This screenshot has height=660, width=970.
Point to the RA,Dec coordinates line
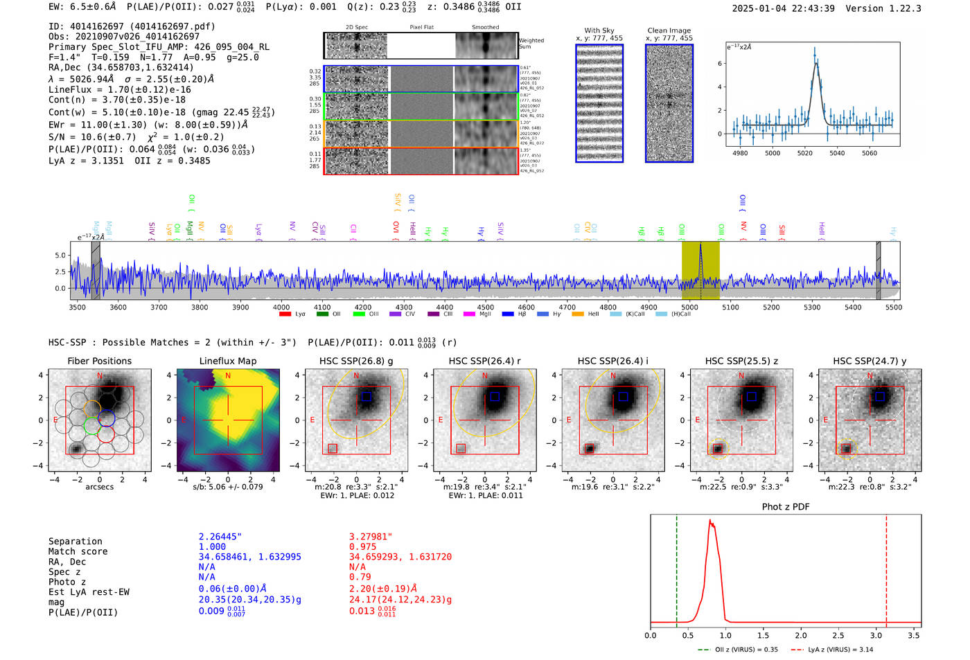[121, 67]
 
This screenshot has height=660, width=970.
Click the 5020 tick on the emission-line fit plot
[804, 153]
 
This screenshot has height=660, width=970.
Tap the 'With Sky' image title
[599, 30]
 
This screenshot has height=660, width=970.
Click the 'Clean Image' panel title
[669, 30]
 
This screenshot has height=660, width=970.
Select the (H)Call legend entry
[680, 314]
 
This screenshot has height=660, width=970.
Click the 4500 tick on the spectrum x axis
[485, 307]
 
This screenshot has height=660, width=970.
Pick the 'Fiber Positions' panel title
[99, 361]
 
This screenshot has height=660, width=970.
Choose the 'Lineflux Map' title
[227, 361]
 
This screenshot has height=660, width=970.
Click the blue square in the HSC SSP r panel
[495, 397]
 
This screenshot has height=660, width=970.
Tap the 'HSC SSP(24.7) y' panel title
[870, 361]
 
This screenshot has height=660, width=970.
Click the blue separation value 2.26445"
[220, 537]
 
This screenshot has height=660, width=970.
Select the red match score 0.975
[362, 546]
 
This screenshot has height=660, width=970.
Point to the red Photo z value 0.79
[360, 577]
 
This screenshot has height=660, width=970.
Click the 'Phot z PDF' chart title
[785, 507]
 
